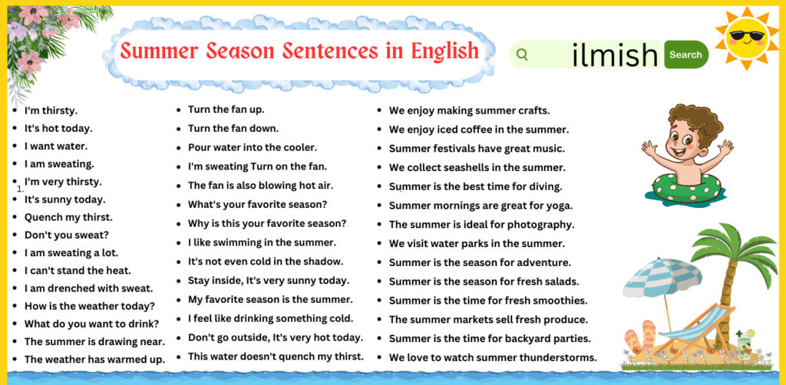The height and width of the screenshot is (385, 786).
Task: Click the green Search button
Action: [685, 54]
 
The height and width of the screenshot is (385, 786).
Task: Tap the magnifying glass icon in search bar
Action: [523, 54]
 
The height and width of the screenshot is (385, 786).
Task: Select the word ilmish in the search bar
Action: [615, 54]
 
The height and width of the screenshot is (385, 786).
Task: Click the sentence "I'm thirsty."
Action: [51, 110]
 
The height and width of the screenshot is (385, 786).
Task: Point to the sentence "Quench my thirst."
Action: [68, 217]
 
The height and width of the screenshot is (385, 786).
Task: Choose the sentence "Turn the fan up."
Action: [226, 110]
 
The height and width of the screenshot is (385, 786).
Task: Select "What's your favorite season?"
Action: [257, 205]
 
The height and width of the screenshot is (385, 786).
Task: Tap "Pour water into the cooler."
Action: [252, 147]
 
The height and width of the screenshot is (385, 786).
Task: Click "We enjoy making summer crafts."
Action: [469, 110]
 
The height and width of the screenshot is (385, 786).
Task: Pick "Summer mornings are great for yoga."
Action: [481, 206]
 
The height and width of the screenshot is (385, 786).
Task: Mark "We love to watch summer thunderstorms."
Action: [492, 357]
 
